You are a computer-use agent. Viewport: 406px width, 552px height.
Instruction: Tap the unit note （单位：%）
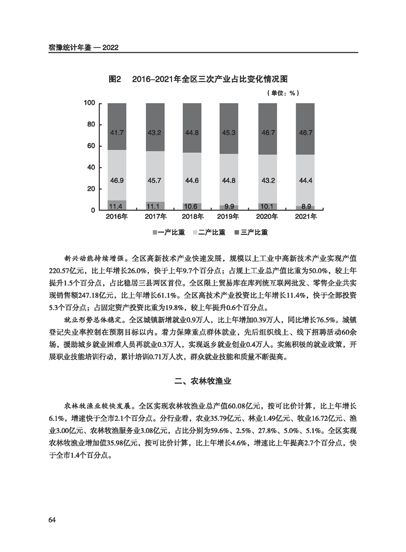click(282, 93)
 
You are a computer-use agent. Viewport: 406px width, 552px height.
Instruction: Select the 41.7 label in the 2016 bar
click(117, 133)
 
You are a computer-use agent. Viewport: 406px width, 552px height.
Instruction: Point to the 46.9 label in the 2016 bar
click(117, 180)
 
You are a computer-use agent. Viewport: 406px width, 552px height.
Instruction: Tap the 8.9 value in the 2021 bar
click(306, 206)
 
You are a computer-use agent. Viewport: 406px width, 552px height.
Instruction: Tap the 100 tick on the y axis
click(89, 104)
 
